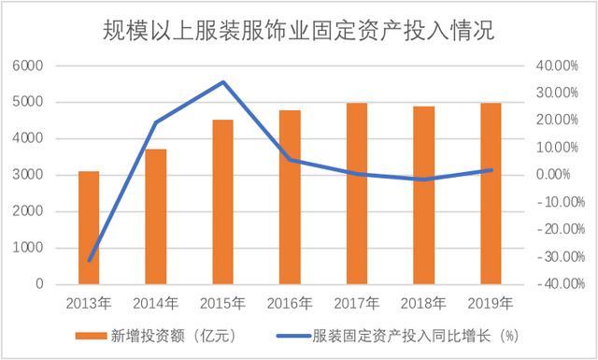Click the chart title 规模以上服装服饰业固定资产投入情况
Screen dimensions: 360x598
coord(298,31)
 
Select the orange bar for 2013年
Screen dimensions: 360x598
coord(89,227)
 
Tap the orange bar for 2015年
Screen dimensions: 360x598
coord(222,202)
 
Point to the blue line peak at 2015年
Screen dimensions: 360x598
coord(222,82)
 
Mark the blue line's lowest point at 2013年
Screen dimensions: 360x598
coord(89,261)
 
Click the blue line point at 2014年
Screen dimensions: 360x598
coord(156,122)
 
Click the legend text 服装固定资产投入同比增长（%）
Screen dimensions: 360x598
coord(416,335)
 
